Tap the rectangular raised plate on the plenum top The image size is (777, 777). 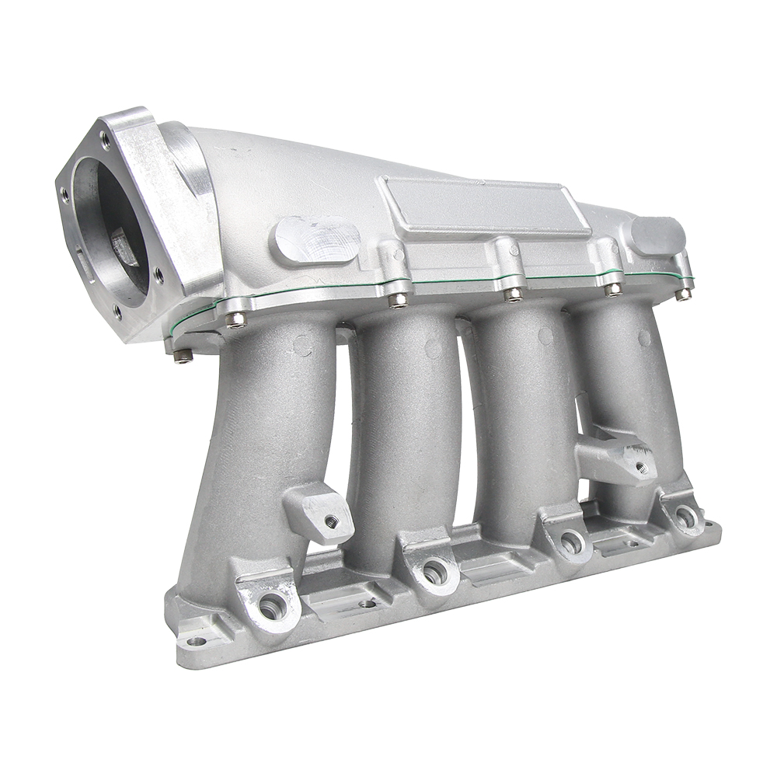pyautogui.click(x=482, y=207)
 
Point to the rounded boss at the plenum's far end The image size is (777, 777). pyautogui.click(x=657, y=234)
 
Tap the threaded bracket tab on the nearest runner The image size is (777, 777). pyautogui.click(x=322, y=514)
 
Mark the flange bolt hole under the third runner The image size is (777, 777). pyautogui.click(x=571, y=542)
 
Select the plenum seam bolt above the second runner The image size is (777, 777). pyautogui.click(x=398, y=300)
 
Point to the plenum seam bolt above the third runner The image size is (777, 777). pyautogui.click(x=513, y=294)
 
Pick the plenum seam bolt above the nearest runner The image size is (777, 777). pyautogui.click(x=235, y=319)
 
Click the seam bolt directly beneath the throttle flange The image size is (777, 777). pyautogui.click(x=182, y=355)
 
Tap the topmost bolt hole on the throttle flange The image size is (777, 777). pyautogui.click(x=105, y=140)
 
